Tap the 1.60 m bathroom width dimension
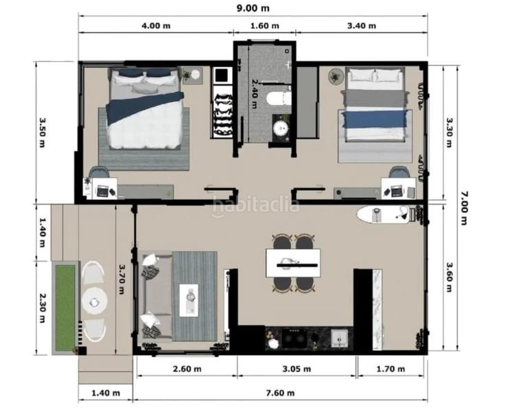[264, 26]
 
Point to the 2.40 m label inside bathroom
[254, 94]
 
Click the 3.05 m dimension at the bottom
[297, 369]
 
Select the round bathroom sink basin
[281, 128]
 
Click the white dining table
[294, 262]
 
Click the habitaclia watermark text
[255, 205]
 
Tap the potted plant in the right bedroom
[336, 76]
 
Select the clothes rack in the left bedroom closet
[222, 111]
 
